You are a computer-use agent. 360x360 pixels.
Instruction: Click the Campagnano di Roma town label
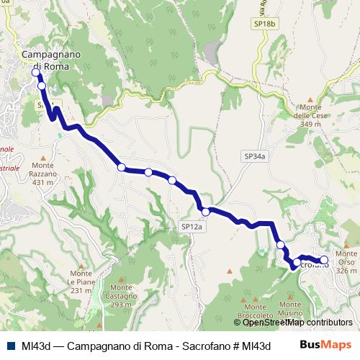click(x=51, y=60)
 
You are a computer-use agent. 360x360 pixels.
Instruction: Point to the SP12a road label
click(x=192, y=227)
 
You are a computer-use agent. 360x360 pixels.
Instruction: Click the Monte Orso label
click(x=346, y=261)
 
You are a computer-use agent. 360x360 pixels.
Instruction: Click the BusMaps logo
click(x=326, y=344)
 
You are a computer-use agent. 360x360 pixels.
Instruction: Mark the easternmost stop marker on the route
click(x=324, y=259)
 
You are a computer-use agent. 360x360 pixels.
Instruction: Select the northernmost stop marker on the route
click(x=36, y=73)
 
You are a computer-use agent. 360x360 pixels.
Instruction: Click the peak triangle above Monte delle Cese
click(x=310, y=100)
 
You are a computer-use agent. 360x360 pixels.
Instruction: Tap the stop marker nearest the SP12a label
click(x=205, y=211)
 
